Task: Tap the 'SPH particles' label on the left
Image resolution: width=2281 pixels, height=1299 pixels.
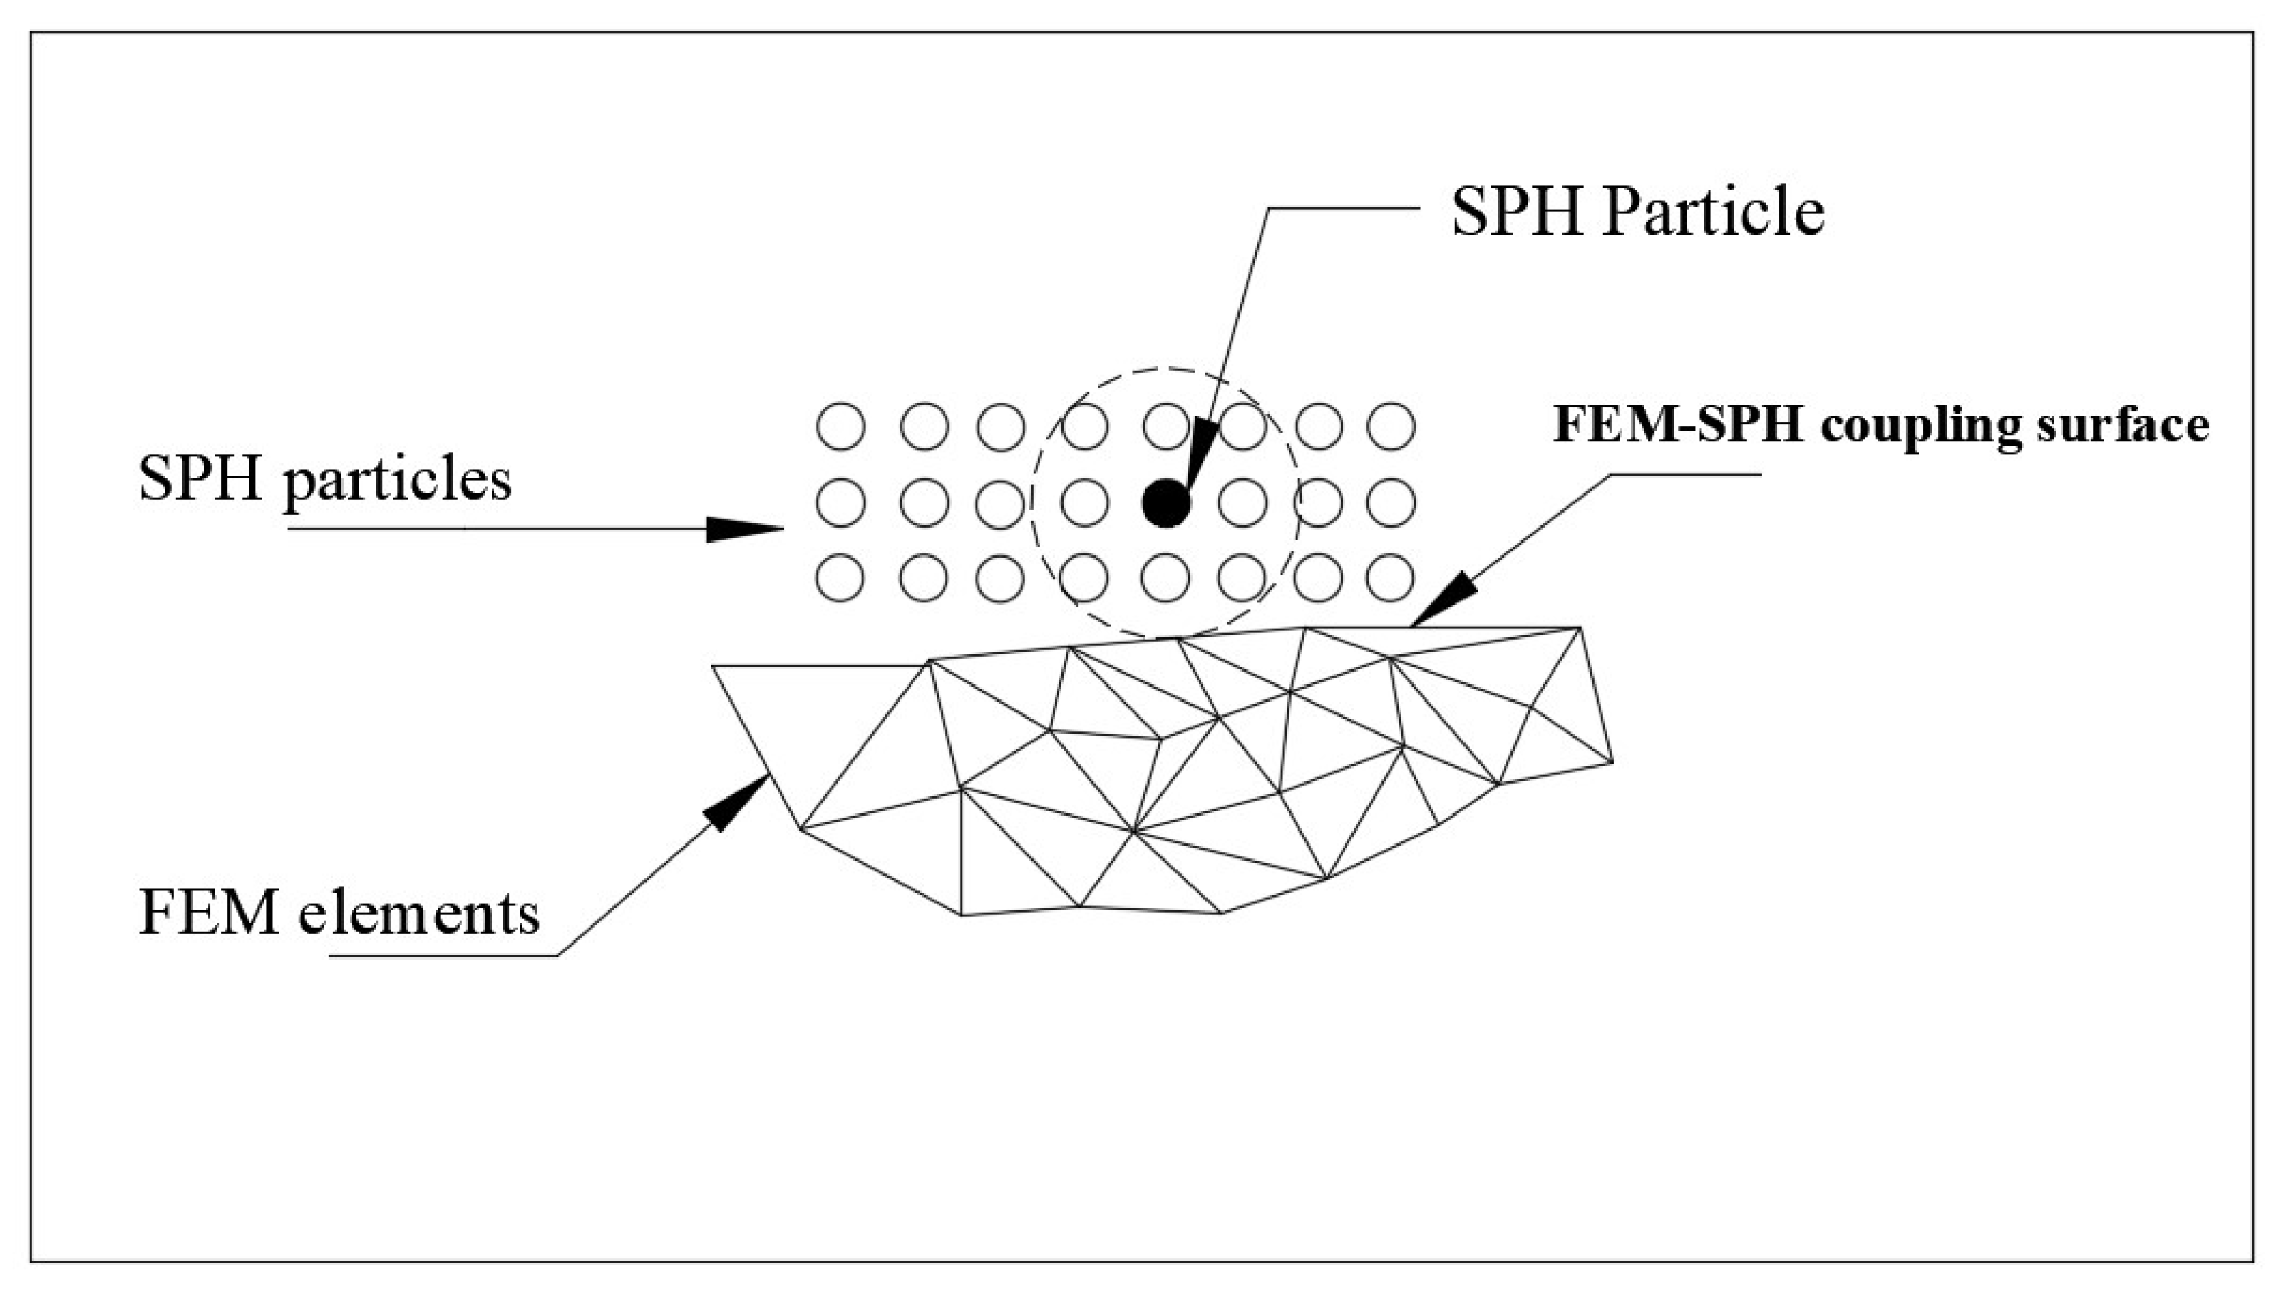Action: click(326, 480)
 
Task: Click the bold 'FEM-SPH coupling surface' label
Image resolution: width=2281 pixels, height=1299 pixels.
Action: click(1882, 425)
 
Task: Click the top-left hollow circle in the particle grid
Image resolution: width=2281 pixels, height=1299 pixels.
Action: click(840, 426)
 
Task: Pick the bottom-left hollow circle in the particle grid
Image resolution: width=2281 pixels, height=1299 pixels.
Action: click(840, 578)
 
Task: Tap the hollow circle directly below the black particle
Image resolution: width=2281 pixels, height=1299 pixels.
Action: click(1166, 578)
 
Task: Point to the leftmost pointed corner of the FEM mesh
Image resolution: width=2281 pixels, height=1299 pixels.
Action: click(713, 667)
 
